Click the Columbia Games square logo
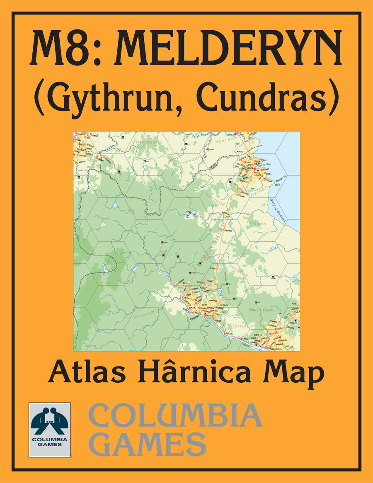click(x=49, y=430)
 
